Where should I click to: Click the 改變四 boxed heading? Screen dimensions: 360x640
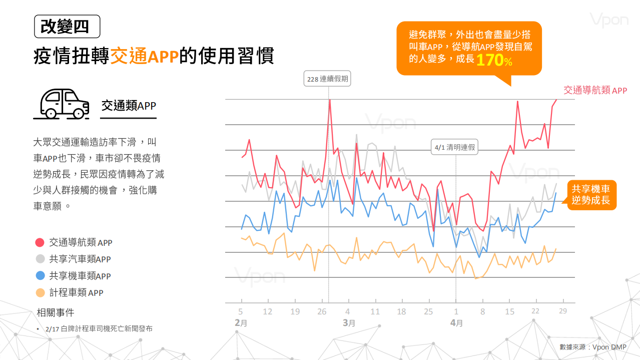pos(67,27)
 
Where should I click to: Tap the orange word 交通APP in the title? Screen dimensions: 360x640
pos(144,56)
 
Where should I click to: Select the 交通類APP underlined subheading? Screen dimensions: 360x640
pos(129,106)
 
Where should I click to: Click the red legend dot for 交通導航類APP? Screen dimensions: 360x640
pos(40,242)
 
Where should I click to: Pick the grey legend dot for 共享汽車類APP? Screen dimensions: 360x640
pos(40,259)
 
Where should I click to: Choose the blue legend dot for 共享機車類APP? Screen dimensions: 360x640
pos(40,276)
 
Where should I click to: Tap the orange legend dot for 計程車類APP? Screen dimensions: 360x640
pos(40,292)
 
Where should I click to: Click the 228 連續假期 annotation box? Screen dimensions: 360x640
pos(328,79)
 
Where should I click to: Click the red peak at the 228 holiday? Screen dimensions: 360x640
pos(330,100)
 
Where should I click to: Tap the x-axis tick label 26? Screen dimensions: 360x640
pos(322,311)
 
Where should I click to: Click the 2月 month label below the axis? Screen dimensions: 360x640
pos(241,323)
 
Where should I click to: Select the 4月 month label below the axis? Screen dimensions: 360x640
pos(456,323)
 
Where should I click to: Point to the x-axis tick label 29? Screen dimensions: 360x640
pos(563,311)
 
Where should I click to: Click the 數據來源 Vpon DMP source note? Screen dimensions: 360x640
pos(593,347)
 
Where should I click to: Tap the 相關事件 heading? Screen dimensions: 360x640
pos(56,313)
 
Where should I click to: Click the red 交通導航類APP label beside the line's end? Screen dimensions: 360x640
pos(595,90)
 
